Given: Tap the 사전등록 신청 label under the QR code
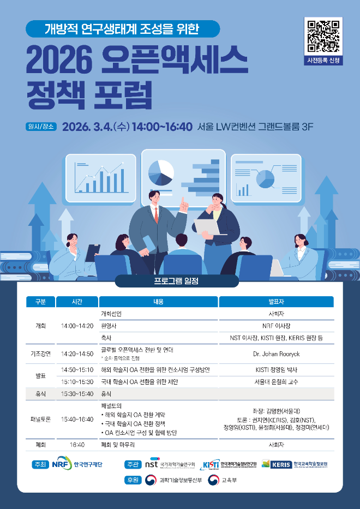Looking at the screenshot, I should [x=324, y=61].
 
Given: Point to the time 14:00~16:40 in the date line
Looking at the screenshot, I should [x=162, y=127].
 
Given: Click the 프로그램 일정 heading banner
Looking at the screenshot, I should [x=177, y=281].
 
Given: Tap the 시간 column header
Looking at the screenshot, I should [x=77, y=302].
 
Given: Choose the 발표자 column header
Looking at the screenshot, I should [x=276, y=302].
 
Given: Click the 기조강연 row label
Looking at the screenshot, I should [x=41, y=354].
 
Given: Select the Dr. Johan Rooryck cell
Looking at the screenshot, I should [x=276, y=354].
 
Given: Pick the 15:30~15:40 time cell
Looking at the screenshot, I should [x=77, y=393].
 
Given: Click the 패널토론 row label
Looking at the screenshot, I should [x=41, y=420].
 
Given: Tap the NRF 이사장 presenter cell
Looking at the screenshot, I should [x=276, y=326].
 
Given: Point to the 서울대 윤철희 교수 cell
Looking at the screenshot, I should [x=276, y=381].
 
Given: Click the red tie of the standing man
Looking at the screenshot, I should [x=156, y=215].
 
